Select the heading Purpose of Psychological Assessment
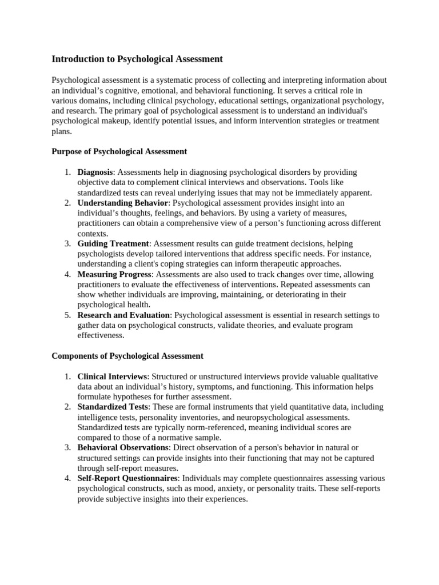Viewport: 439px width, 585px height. click(x=119, y=151)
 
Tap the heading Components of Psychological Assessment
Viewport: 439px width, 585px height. click(x=127, y=356)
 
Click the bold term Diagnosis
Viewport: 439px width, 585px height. click(x=95, y=172)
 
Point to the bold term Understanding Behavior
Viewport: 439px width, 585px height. click(x=123, y=203)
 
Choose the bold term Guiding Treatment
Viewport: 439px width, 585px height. click(x=113, y=243)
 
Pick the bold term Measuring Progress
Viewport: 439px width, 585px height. click(x=114, y=274)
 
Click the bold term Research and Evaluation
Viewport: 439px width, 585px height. click(x=123, y=315)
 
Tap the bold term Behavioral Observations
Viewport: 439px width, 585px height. click(x=123, y=447)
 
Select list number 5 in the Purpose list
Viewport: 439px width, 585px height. click(x=67, y=315)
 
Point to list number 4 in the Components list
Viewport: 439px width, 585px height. click(x=67, y=478)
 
